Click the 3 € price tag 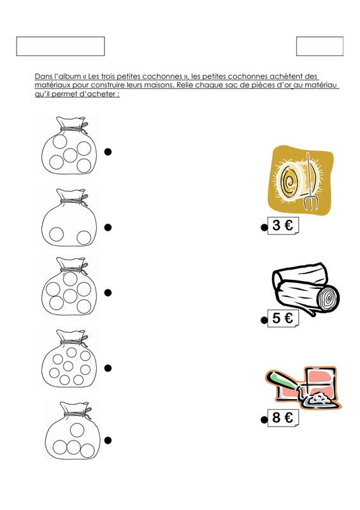point(283,226)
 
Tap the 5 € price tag point(283,318)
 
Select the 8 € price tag point(283,418)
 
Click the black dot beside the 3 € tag point(264,228)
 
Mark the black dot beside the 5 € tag point(264,321)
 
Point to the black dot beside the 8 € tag point(264,420)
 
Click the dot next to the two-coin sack point(108,228)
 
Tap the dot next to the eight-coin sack point(108,368)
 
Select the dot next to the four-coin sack point(108,440)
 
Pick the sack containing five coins point(69,146)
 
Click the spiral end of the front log point(328,298)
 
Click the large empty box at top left point(61,46)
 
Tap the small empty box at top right point(320,46)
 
